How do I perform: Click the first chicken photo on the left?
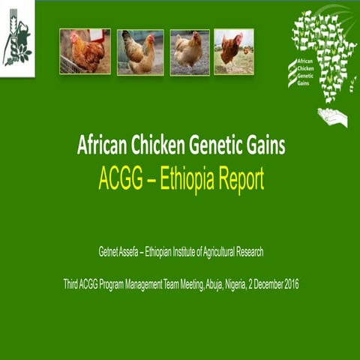85,51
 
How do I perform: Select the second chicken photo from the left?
140,51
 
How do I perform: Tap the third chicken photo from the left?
189,51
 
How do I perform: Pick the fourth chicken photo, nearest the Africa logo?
233,51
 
